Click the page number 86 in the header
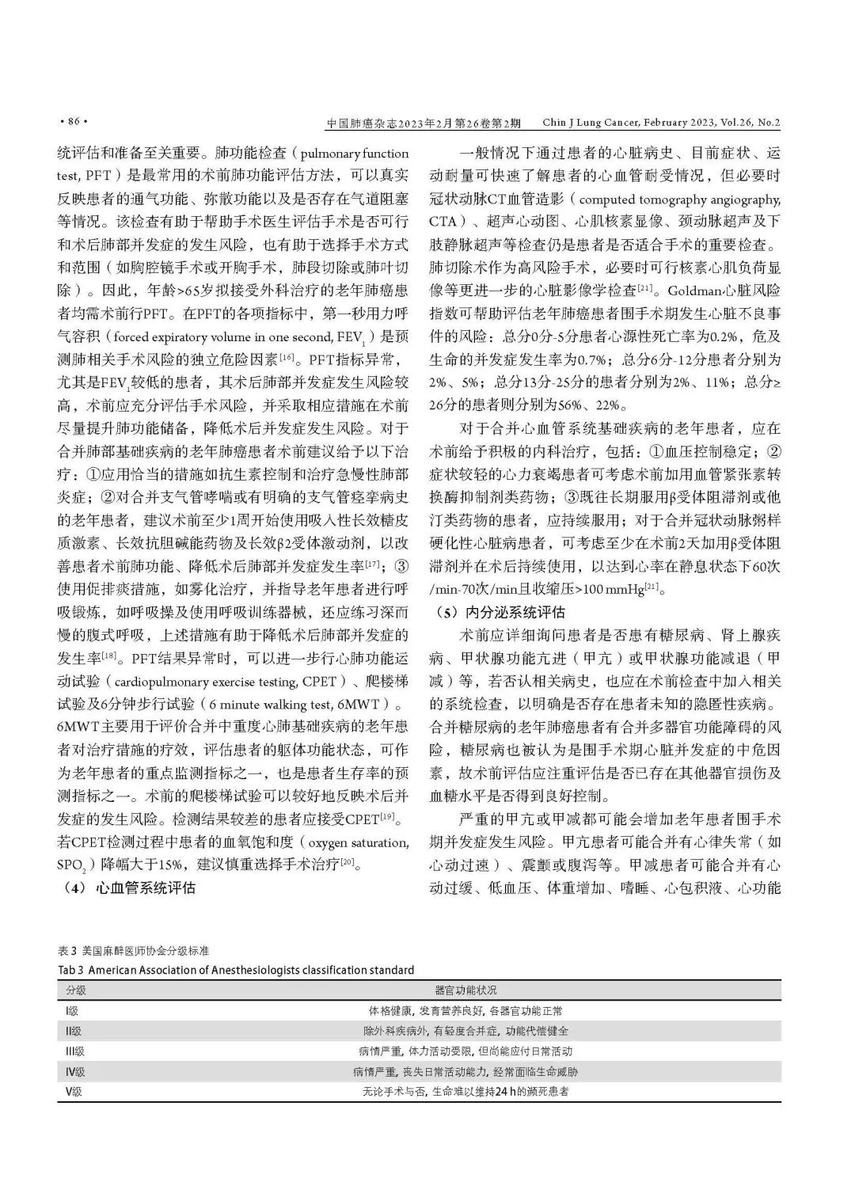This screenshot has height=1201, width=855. (x=73, y=122)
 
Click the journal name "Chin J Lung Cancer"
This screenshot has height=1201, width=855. (x=587, y=123)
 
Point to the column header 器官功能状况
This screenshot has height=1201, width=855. (x=466, y=990)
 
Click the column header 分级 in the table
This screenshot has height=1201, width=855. (x=76, y=990)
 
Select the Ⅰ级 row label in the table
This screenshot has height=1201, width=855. (x=72, y=1011)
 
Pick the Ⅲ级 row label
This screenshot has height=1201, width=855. (x=74, y=1051)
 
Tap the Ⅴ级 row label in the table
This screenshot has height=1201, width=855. (x=74, y=1092)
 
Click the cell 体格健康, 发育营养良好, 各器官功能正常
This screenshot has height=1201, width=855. (x=466, y=1011)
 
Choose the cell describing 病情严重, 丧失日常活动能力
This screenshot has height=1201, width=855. (x=466, y=1072)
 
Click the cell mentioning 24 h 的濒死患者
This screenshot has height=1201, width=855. (x=466, y=1092)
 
